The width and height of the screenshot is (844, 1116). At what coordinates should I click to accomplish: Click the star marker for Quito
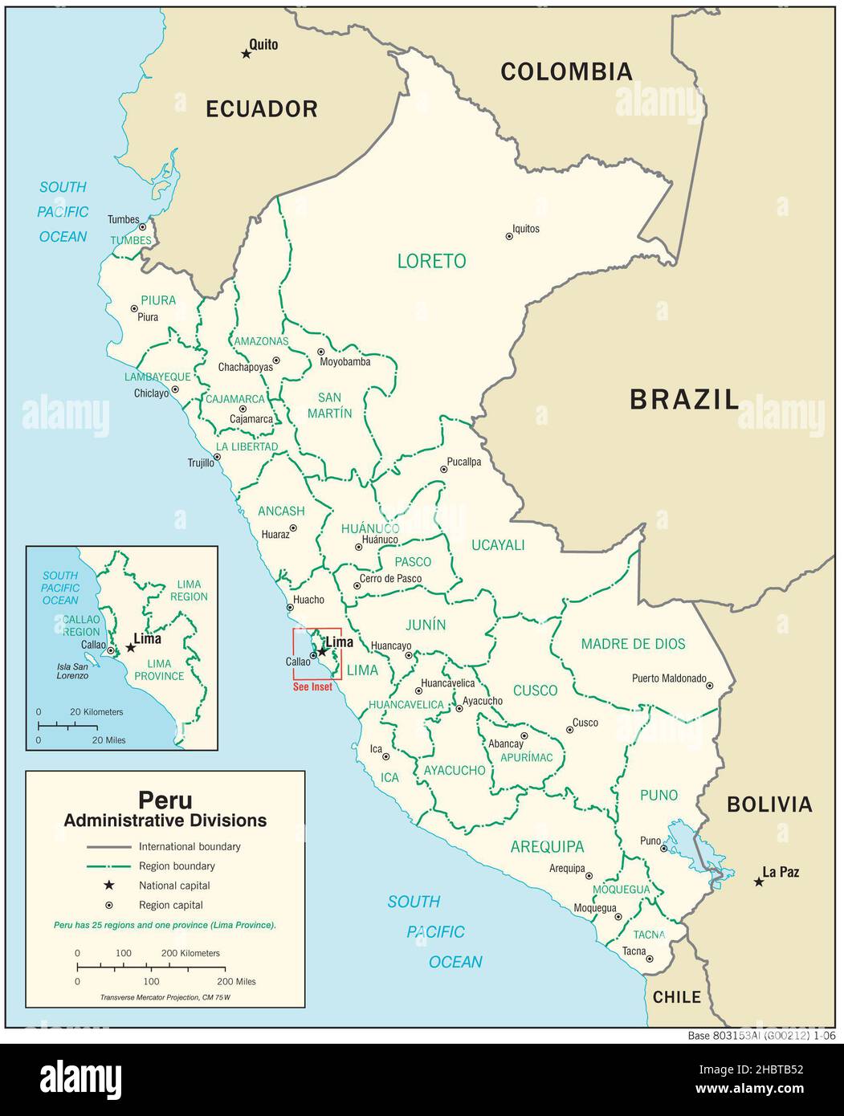[246, 54]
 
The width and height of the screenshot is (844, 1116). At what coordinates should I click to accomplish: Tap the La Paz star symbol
[758, 882]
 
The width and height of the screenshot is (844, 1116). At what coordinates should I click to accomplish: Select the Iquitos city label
[526, 229]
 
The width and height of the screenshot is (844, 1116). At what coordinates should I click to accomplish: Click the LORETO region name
[431, 261]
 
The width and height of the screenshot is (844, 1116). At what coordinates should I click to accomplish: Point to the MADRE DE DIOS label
[633, 644]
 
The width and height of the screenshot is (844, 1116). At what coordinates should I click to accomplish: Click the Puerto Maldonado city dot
[709, 686]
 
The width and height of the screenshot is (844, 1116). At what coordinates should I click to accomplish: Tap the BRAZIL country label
[683, 399]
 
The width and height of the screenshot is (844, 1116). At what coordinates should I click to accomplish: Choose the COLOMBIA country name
[566, 72]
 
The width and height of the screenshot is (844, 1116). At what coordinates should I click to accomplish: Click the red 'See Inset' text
[312, 687]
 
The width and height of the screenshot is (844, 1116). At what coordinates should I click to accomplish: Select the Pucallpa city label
[464, 462]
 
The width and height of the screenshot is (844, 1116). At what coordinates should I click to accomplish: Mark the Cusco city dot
[569, 730]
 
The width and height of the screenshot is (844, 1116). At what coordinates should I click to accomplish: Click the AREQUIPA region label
[547, 847]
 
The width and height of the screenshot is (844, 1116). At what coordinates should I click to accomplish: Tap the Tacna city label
[634, 951]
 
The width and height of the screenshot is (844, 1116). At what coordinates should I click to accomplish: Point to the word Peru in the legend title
[165, 800]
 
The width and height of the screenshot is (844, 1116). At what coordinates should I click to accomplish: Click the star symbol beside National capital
[108, 886]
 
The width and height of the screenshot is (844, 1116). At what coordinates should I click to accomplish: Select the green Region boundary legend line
[108, 866]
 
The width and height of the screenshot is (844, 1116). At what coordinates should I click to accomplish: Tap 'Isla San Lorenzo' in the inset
[72, 671]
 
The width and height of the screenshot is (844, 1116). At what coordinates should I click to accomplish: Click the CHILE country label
[676, 997]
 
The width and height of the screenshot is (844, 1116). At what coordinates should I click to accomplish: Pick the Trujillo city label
[201, 462]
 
